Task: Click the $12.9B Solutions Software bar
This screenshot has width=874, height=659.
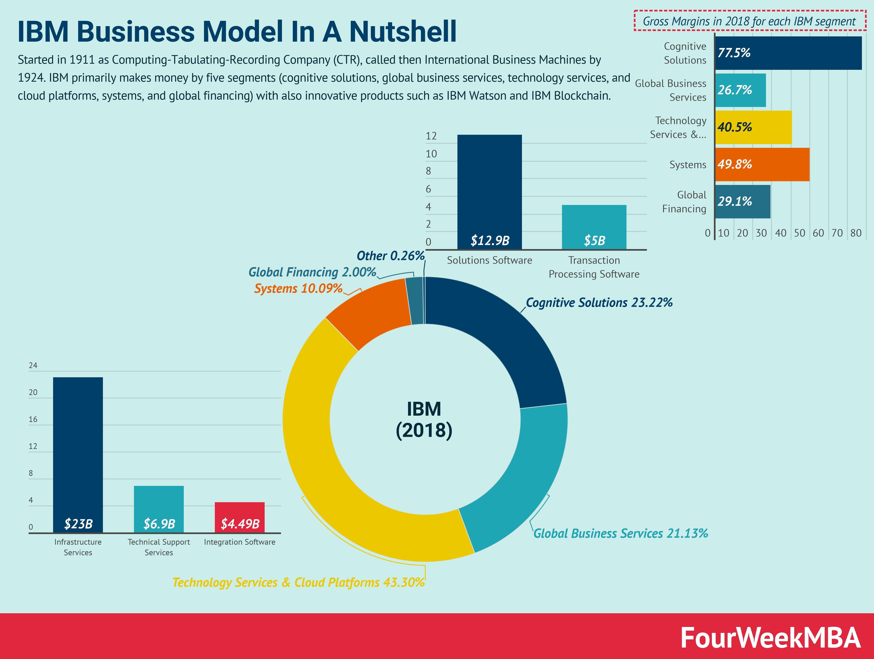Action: [x=489, y=192]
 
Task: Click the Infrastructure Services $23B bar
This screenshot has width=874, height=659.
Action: [x=78, y=454]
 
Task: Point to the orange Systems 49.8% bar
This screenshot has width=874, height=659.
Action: [x=762, y=164]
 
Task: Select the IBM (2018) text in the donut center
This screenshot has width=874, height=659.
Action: [x=424, y=420]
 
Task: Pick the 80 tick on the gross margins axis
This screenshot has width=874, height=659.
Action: [x=856, y=233]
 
